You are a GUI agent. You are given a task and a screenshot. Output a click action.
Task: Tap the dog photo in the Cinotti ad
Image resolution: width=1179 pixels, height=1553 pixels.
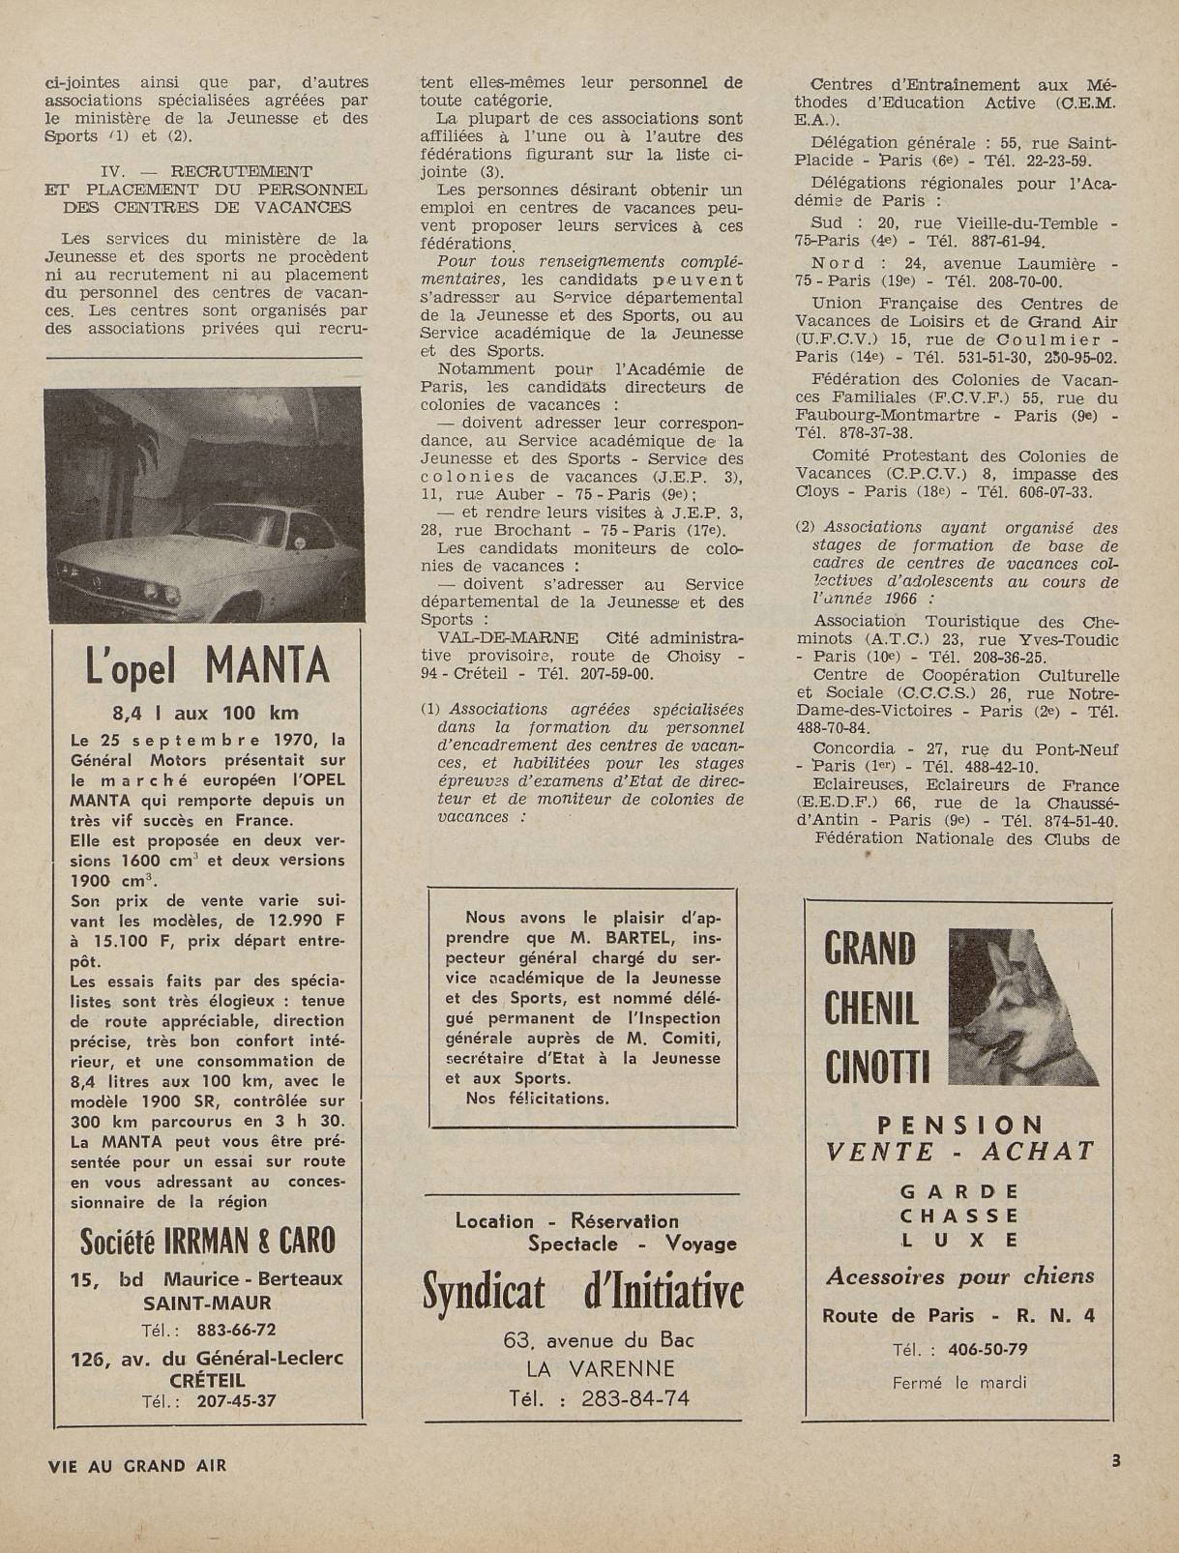1023,1007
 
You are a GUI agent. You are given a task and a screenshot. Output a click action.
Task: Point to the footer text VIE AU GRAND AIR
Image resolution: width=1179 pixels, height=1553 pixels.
136,1465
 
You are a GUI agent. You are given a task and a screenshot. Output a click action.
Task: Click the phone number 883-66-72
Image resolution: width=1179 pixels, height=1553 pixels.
236,1330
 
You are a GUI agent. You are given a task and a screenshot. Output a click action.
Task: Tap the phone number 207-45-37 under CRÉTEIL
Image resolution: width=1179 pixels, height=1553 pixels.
236,1400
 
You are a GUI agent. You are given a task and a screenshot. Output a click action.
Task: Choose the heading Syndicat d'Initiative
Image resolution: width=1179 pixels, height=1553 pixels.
583,1292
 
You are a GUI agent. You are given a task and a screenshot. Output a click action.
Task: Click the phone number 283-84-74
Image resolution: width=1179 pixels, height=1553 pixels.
634,1398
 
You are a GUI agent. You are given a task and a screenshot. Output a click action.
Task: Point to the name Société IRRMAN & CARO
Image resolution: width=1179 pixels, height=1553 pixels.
208,1240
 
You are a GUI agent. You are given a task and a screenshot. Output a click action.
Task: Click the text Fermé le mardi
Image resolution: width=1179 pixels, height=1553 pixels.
958,1382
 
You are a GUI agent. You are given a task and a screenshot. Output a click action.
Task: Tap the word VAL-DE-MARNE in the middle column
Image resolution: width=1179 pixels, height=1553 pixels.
509,638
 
